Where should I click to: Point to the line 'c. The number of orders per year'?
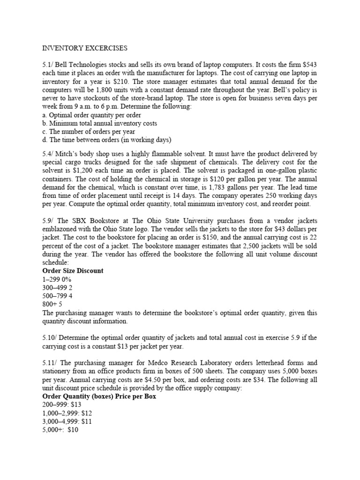89,131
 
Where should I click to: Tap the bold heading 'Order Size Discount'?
73,271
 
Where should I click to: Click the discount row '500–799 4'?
57,296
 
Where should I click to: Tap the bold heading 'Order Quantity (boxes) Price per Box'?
99,397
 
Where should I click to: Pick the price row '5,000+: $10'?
60,430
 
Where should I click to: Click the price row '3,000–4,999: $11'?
67,421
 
